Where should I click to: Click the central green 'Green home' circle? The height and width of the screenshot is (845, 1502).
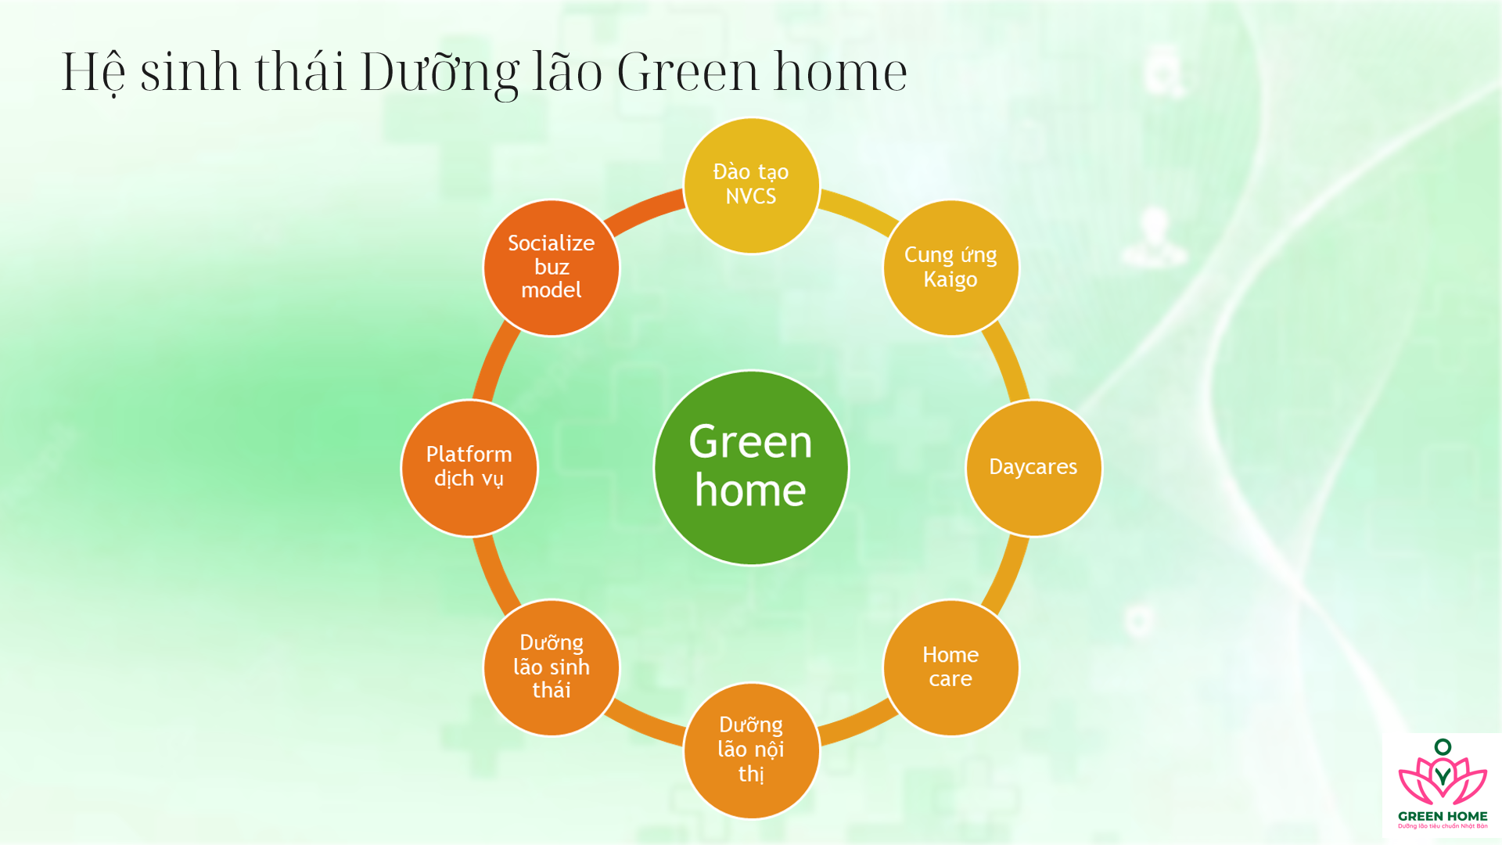[x=751, y=467]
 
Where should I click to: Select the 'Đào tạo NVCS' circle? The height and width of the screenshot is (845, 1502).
[x=751, y=185]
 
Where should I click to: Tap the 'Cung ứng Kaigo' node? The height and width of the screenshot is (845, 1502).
[x=950, y=268]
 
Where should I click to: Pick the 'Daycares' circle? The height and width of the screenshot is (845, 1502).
[x=1033, y=467]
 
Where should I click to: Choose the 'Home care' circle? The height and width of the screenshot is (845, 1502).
[x=950, y=667]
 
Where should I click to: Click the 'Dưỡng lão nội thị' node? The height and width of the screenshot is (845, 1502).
[x=751, y=750]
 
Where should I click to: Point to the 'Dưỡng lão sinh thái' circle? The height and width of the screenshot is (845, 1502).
[x=552, y=667]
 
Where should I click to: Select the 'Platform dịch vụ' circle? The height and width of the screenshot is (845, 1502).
[x=469, y=467]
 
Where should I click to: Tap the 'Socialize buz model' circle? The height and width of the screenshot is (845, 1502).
[x=552, y=268]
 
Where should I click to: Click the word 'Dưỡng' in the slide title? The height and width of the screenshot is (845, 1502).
[x=439, y=72]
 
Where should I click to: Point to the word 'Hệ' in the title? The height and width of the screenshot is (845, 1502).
[x=93, y=72]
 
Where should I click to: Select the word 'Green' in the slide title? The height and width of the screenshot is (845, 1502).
[x=688, y=72]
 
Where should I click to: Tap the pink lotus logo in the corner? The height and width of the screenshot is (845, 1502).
[x=1443, y=778]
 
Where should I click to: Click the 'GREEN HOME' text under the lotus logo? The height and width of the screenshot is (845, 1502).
[x=1443, y=816]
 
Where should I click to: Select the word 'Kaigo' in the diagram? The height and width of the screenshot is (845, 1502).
[x=950, y=279]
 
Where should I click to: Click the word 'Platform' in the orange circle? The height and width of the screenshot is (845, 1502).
[x=469, y=455]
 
